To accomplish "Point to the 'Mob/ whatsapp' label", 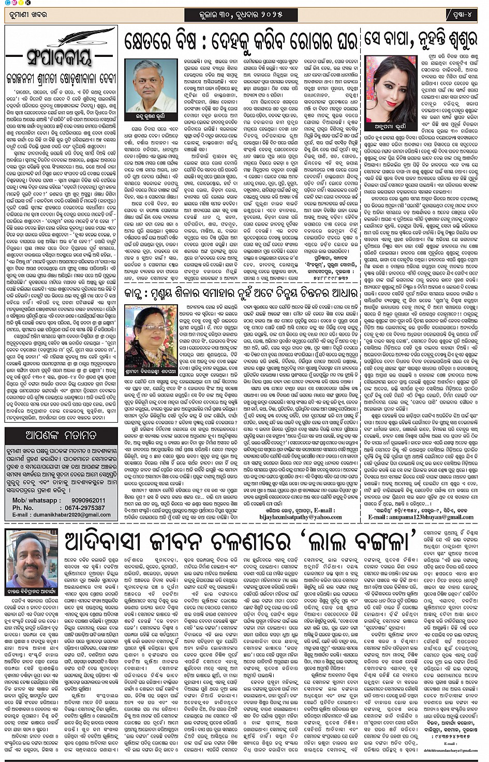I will pyautogui.click(x=35, y=501).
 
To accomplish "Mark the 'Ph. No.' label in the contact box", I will pyautogui.click(x=25, y=508).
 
